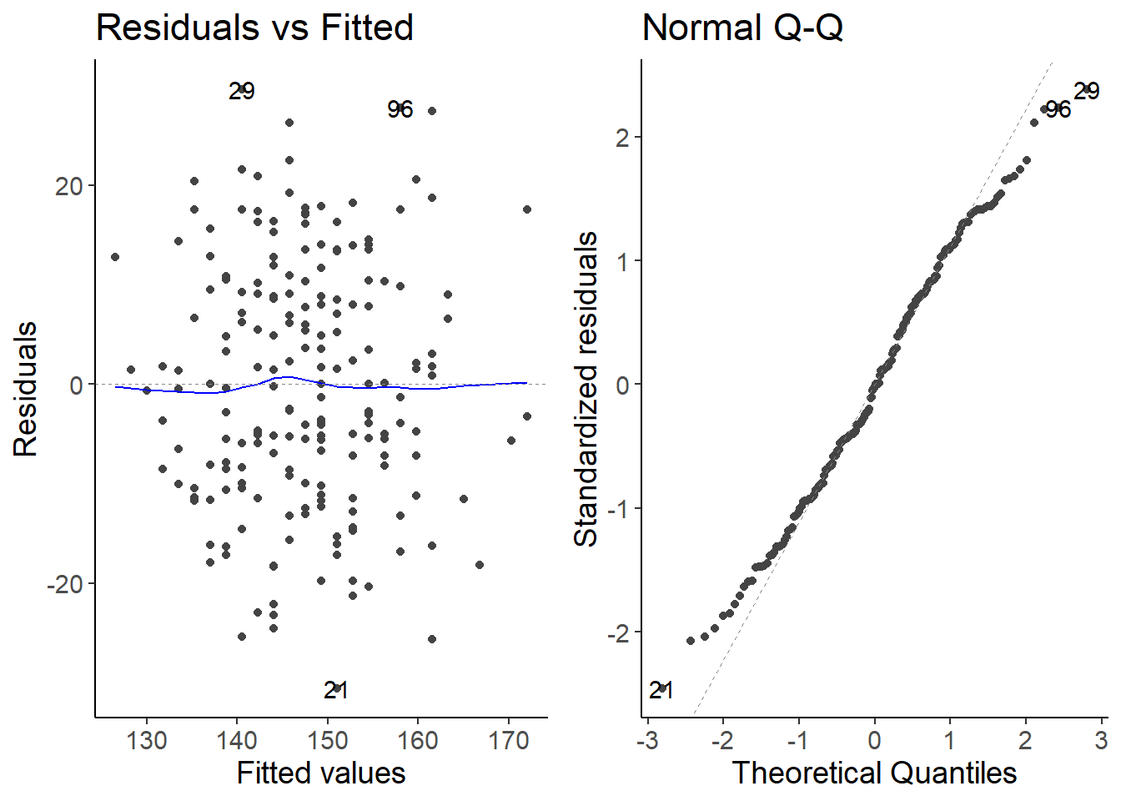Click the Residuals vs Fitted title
[x=254, y=28]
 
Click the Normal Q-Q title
[x=742, y=28]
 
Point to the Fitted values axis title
[x=321, y=773]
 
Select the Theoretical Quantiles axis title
[x=874, y=773]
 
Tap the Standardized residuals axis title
[x=586, y=390]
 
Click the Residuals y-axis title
[x=26, y=390]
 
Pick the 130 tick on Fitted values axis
[x=147, y=740]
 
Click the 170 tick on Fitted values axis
[x=509, y=740]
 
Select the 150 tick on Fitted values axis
[x=328, y=740]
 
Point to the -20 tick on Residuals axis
[x=65, y=584]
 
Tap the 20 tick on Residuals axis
[x=70, y=186]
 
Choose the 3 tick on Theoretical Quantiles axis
[x=1101, y=740]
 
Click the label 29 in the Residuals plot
[x=242, y=92]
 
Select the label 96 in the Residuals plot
[x=400, y=109]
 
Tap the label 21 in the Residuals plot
[x=335, y=690]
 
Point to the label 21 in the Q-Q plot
[x=661, y=690]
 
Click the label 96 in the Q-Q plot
[x=1058, y=109]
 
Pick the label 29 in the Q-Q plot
[x=1086, y=91]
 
